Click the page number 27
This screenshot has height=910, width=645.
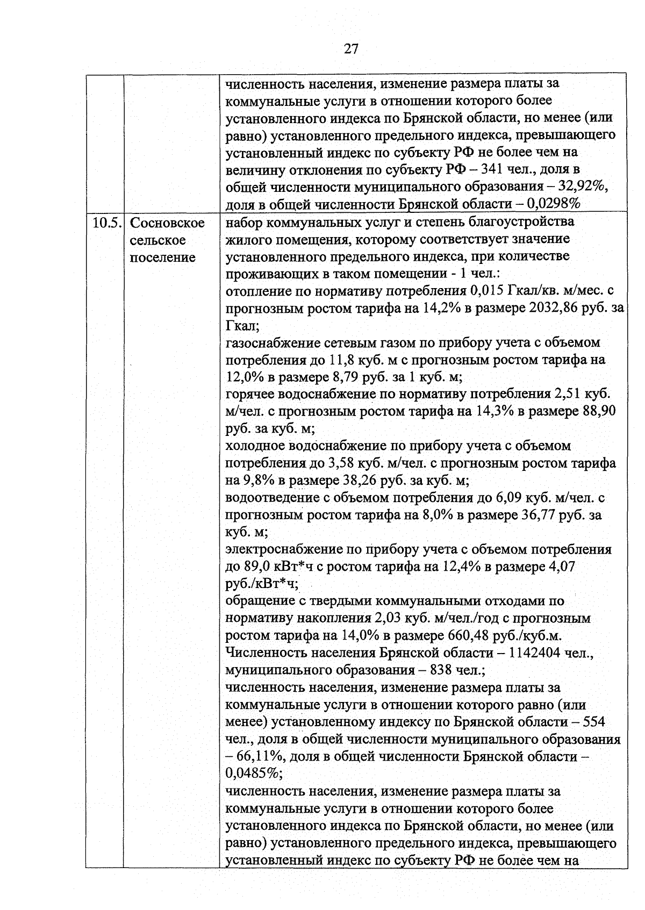pyautogui.click(x=350, y=49)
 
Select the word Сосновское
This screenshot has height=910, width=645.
pyautogui.click(x=168, y=223)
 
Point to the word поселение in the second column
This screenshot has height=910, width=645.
pyautogui.click(x=162, y=257)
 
